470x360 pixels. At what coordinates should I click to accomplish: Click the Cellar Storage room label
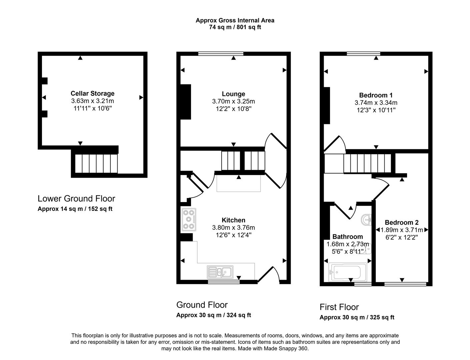[x=92, y=94]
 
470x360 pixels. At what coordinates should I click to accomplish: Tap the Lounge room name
[x=233, y=94]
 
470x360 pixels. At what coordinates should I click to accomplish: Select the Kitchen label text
[x=233, y=220]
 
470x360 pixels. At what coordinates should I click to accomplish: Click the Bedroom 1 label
[x=376, y=95]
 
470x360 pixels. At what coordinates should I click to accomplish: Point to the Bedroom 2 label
[x=401, y=222]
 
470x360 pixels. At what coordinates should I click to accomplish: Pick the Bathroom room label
[x=347, y=237]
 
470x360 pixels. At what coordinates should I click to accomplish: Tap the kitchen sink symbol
[x=220, y=272]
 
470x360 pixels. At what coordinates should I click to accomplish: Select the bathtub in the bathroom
[x=347, y=272]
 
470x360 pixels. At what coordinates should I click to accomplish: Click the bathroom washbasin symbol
[x=367, y=219]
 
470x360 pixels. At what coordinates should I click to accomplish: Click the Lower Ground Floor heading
[x=76, y=199]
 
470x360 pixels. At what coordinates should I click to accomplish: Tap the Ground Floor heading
[x=202, y=305]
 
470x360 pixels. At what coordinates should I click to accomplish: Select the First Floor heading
[x=339, y=307]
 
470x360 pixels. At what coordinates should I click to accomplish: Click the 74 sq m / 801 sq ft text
[x=235, y=27]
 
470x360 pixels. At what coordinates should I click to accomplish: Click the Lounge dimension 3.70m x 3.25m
[x=233, y=101]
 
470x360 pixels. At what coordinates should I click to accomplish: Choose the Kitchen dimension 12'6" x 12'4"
[x=233, y=235]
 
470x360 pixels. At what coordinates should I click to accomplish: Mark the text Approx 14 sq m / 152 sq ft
[x=75, y=209]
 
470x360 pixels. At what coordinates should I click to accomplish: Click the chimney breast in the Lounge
[x=186, y=102]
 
